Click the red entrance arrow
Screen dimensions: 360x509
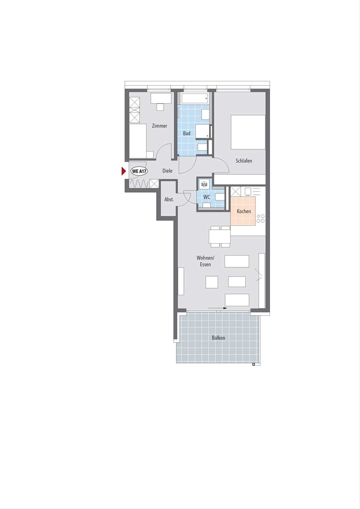pyautogui.click(x=124, y=171)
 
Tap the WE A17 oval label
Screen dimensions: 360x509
pyautogui.click(x=139, y=171)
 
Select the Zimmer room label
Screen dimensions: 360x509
pyautogui.click(x=160, y=126)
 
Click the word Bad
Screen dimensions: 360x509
pyautogui.click(x=187, y=133)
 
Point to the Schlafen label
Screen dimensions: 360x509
pyautogui.click(x=244, y=161)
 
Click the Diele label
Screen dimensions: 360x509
pyautogui.click(x=167, y=171)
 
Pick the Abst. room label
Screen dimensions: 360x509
pyautogui.click(x=169, y=199)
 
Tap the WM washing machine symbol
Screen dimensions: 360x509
pyautogui.click(x=204, y=184)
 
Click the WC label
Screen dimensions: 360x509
pyautogui.click(x=207, y=197)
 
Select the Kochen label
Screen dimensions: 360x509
pyautogui.click(x=244, y=211)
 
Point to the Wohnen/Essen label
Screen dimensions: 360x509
pyautogui.click(x=205, y=261)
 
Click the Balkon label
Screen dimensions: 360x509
pyautogui.click(x=218, y=338)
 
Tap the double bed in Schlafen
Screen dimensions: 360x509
pyautogui.click(x=248, y=132)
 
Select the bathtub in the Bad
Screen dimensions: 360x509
pyautogui.click(x=195, y=98)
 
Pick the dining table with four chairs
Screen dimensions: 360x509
pyautogui.click(x=220, y=237)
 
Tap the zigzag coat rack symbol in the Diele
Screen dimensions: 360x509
pyautogui.click(x=139, y=183)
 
